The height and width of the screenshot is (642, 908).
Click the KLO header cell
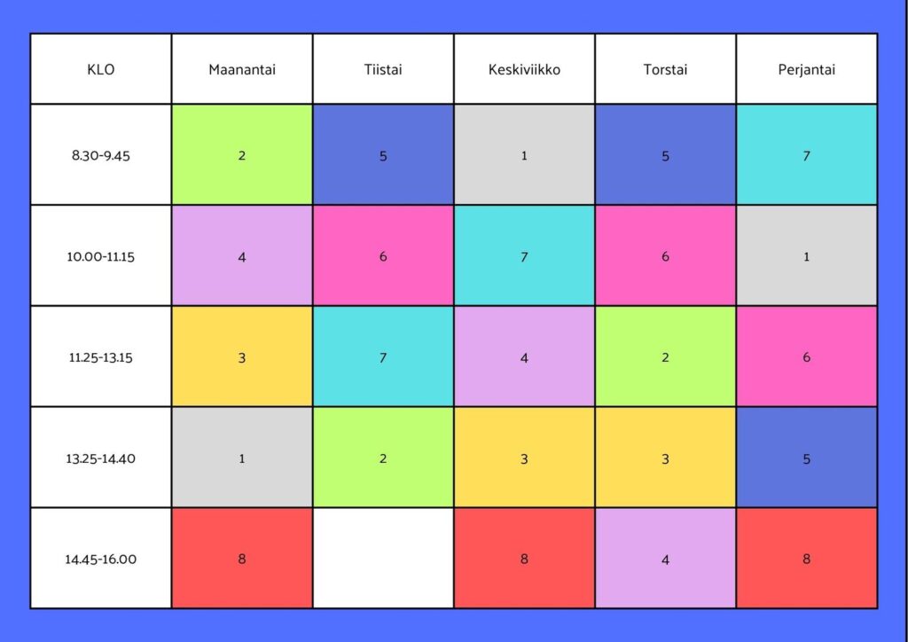tap(101, 69)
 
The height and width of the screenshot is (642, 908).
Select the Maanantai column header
tap(242, 69)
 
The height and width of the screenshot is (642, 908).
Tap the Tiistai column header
tap(383, 69)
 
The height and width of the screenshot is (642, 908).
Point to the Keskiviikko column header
tap(524, 69)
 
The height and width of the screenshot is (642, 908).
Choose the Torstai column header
tap(665, 69)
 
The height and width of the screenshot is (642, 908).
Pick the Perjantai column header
tap(806, 69)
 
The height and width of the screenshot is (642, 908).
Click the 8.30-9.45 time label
tap(101, 155)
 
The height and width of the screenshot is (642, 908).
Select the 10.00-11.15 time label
tap(101, 256)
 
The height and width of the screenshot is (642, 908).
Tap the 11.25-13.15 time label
tap(101, 357)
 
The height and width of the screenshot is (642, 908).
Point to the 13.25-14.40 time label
tap(101, 458)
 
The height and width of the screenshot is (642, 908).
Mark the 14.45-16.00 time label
tap(101, 559)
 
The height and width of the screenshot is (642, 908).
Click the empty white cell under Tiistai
tap(383, 559)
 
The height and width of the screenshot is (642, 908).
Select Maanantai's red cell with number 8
tap(242, 559)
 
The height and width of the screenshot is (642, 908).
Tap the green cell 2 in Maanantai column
tap(242, 155)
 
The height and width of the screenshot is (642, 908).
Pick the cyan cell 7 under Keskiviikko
tap(524, 256)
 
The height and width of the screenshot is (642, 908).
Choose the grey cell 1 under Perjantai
tap(806, 256)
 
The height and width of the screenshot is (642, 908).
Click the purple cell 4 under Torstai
tap(665, 559)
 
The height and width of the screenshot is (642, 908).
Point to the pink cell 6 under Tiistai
tap(383, 256)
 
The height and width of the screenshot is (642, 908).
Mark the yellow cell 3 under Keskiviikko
tap(524, 458)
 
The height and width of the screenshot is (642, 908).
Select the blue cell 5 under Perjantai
tap(806, 458)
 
